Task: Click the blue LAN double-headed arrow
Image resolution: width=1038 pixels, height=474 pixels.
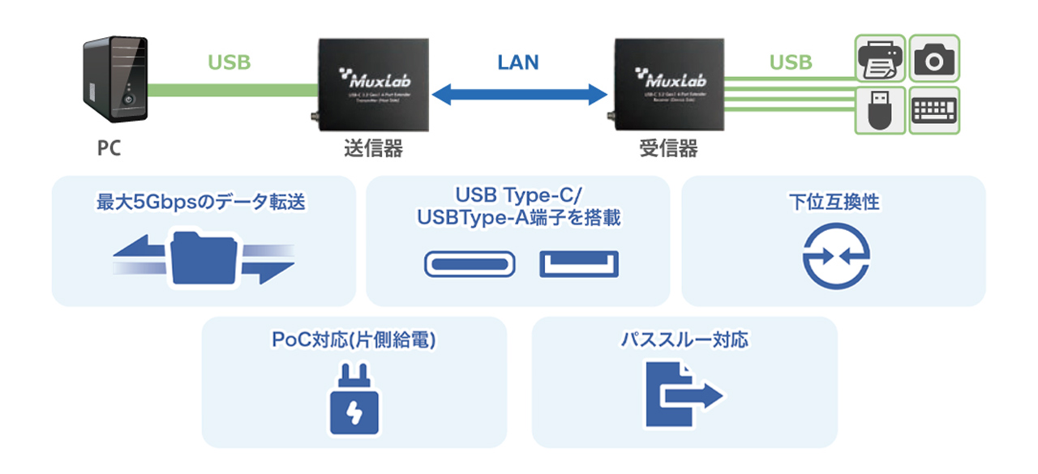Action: point(519,94)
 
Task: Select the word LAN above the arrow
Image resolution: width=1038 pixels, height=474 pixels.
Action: point(518,62)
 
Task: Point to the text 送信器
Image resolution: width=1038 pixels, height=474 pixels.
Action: point(373,149)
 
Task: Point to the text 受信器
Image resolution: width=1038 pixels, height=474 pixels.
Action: point(668,149)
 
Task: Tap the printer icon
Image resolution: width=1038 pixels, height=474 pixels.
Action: point(881,59)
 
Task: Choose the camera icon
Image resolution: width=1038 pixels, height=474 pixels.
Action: point(934,59)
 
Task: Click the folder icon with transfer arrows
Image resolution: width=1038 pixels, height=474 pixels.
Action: point(204,258)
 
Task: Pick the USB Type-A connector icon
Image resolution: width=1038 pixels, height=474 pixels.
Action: point(579,264)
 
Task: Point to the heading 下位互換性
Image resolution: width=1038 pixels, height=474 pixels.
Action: point(834,203)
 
